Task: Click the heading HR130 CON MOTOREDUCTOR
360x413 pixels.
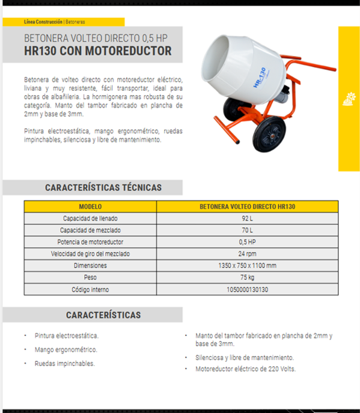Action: tap(97, 52)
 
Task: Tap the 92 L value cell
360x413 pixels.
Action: tap(247, 218)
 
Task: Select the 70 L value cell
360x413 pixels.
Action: tap(247, 230)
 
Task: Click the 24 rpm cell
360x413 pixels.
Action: tap(247, 253)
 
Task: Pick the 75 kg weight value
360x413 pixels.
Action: tap(247, 277)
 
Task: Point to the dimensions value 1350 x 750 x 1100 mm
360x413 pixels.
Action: tap(247, 265)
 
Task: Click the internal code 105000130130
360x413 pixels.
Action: tap(247, 289)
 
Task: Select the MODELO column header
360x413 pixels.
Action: tap(90, 206)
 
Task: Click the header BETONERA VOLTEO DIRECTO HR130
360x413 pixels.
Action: tap(247, 206)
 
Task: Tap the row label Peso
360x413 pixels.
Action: tap(90, 277)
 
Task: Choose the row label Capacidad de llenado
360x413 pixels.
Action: tap(90, 218)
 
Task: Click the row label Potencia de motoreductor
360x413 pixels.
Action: tap(90, 242)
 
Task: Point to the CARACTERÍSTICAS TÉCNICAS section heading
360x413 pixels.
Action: tap(103, 188)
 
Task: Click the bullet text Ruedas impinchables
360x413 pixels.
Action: tap(64, 363)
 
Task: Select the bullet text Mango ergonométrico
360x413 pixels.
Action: tap(66, 349)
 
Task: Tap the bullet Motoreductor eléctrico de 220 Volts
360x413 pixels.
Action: tap(245, 369)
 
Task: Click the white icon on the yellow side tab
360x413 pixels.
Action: tap(349, 99)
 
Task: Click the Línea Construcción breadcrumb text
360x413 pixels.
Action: tap(43, 22)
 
